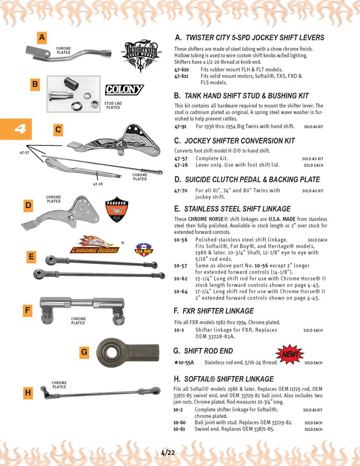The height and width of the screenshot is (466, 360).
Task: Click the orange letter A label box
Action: [x=42, y=37]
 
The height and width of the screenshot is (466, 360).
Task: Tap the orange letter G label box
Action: [x=84, y=352]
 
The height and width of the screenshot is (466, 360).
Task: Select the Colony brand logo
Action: [x=124, y=89]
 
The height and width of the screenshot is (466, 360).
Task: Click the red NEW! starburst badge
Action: [x=290, y=355]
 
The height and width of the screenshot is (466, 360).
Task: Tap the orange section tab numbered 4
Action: [x=16, y=129]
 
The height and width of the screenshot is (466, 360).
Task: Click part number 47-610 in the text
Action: [x=181, y=70]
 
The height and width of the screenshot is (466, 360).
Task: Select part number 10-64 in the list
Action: [x=180, y=291]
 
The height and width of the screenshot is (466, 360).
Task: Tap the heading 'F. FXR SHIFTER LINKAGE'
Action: [x=214, y=311]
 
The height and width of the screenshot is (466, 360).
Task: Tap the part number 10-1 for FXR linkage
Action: [x=179, y=330]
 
